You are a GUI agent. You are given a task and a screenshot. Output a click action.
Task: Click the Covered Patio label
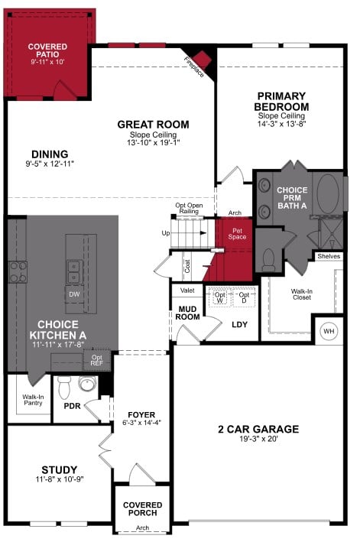47,50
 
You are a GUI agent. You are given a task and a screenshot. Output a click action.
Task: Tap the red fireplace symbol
203,59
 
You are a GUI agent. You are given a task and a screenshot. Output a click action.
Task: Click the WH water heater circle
329,331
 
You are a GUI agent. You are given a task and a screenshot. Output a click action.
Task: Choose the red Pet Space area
237,233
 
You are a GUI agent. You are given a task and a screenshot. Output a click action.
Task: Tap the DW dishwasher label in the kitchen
74,294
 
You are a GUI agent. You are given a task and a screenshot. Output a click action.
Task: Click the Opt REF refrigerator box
97,359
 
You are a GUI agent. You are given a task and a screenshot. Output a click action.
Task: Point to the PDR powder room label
73,406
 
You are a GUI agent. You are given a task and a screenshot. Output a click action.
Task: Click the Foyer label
141,414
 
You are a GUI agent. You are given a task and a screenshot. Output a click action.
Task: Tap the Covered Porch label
141,508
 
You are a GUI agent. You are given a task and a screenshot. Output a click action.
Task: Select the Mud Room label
188,312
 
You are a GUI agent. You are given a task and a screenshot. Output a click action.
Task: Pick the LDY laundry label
240,323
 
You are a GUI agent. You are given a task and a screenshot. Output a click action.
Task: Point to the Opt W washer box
220,297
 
